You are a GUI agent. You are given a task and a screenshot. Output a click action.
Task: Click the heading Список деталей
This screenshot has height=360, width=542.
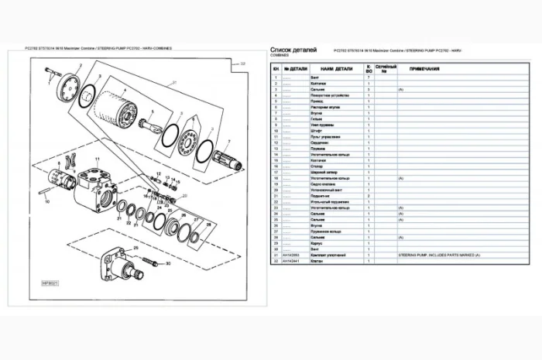[293, 49]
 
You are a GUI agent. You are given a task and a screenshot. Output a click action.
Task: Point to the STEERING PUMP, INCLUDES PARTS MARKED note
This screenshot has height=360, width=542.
[440, 254]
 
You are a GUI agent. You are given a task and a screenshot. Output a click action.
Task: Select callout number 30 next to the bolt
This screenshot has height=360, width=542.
[166, 264]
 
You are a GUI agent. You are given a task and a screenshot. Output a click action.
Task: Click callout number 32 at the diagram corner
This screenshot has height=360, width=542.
[242, 63]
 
